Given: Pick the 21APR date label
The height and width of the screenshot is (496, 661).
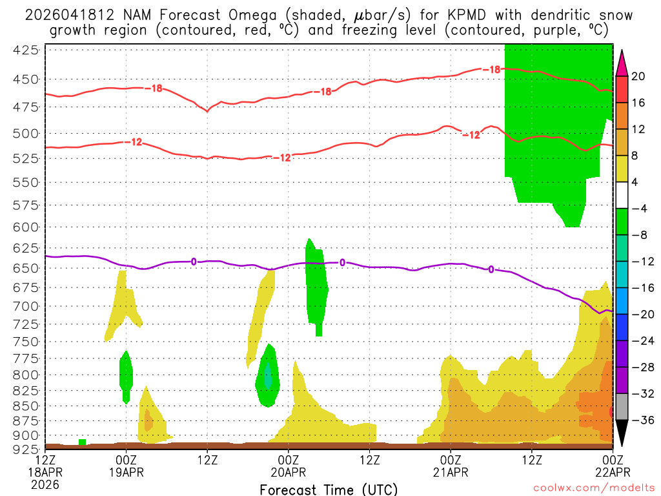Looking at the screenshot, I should [451, 471].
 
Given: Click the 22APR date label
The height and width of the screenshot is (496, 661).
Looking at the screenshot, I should [612, 471].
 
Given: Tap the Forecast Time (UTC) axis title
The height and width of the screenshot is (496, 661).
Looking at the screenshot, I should [329, 489].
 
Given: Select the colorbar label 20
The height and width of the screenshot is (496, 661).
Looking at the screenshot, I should [638, 76].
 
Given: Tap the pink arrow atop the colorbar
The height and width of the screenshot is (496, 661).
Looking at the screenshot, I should [622, 63].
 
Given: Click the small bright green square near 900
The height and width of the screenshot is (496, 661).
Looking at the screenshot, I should [82, 442].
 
